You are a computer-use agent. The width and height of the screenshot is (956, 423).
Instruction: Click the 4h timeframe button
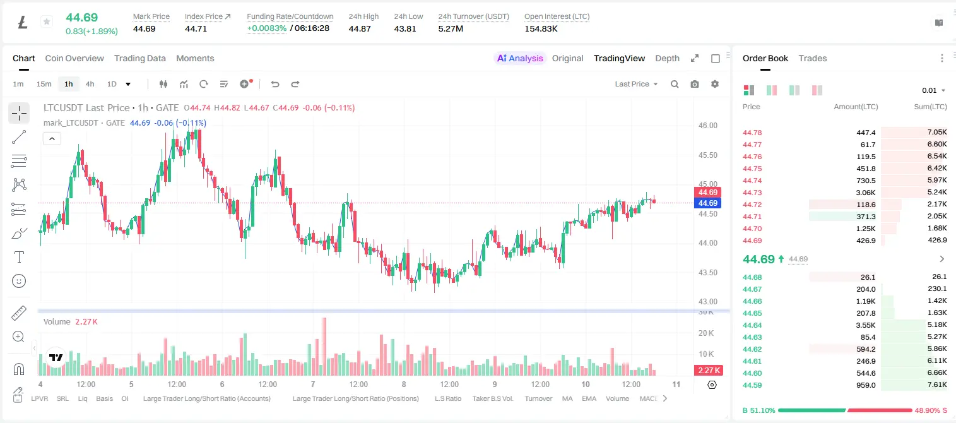pyautogui.click(x=90, y=84)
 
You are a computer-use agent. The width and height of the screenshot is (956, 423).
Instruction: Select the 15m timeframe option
pyautogui.click(x=44, y=84)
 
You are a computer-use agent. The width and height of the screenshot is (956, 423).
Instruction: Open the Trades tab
pyautogui.click(x=813, y=59)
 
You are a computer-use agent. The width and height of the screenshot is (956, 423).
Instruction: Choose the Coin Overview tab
pyautogui.click(x=74, y=59)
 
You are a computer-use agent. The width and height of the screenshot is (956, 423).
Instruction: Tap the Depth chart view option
pyautogui.click(x=667, y=59)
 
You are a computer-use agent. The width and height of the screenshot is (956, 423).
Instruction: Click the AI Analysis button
pyautogui.click(x=520, y=59)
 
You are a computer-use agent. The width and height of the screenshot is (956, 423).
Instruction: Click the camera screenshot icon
pyautogui.click(x=695, y=84)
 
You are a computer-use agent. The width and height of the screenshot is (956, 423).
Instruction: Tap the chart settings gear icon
pyautogui.click(x=715, y=84)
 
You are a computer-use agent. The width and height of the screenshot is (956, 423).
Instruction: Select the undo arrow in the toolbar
pyautogui.click(x=275, y=84)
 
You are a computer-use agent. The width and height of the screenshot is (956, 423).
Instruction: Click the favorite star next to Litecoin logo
pyautogui.click(x=47, y=21)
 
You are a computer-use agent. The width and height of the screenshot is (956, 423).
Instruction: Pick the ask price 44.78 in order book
pyautogui.click(x=752, y=133)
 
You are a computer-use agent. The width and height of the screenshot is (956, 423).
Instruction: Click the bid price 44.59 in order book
pyautogui.click(x=752, y=385)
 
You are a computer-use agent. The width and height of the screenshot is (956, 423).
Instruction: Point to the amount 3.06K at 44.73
pyautogui.click(x=866, y=193)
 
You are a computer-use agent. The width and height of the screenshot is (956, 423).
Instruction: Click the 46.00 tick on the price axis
pyautogui.click(x=707, y=126)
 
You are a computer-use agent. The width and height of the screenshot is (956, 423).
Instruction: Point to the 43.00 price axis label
pyautogui.click(x=707, y=301)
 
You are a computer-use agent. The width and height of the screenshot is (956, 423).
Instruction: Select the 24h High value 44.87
pyautogui.click(x=359, y=28)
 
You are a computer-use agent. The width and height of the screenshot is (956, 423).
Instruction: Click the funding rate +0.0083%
pyautogui.click(x=267, y=28)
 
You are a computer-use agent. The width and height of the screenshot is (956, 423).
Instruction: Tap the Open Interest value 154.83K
pyautogui.click(x=541, y=28)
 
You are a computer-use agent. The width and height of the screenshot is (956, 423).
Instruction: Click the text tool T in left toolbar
pyautogui.click(x=19, y=257)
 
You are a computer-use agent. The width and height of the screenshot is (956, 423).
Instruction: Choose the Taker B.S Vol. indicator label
pyautogui.click(x=492, y=398)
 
